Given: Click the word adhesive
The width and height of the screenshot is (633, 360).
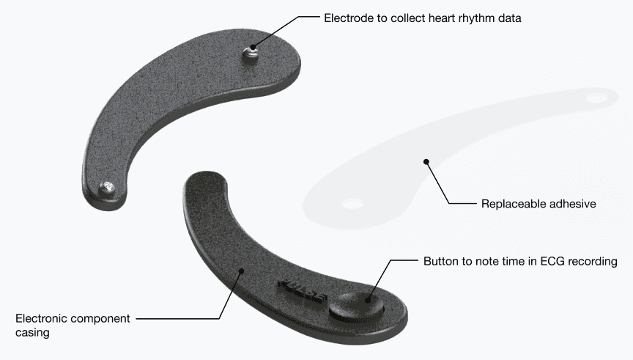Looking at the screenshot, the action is pos(572,203).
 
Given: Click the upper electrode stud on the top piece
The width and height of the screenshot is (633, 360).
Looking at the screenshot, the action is pos(252,54).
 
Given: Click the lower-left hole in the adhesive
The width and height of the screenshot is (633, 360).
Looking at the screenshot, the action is pos(354,202).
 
